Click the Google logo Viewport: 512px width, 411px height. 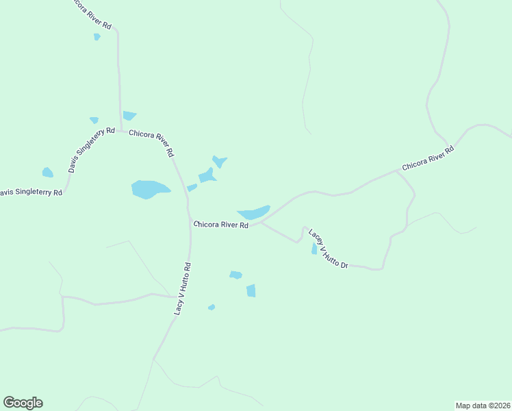tap(23, 403)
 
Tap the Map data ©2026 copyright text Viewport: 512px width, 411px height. tap(483, 405)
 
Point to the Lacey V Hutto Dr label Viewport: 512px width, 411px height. tap(329, 248)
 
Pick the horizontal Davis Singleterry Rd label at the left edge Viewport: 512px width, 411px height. tap(31, 192)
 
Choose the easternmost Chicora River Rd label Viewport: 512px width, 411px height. tap(428, 158)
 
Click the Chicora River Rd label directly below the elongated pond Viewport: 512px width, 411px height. tap(220, 224)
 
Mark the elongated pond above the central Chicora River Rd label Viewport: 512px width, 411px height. tap(254, 212)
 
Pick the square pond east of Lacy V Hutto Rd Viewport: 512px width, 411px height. tap(251, 290)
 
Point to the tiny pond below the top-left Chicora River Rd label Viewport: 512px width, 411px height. tap(97, 36)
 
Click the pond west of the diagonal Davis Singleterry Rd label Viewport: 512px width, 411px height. tap(47, 173)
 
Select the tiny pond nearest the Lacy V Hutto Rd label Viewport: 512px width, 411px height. tap(212, 307)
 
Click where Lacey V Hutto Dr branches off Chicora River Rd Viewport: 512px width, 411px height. tap(261, 222)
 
